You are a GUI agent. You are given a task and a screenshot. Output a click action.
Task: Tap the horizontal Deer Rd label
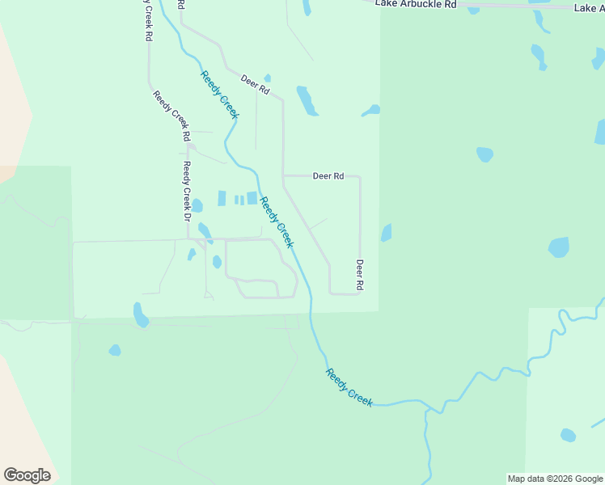328,175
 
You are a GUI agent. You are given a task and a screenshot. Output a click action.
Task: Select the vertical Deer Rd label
360,275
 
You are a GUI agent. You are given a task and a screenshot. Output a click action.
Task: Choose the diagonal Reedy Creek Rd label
172,112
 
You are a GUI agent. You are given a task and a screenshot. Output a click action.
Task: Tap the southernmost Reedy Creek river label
349,386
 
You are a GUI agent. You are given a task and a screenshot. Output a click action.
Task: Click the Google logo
27,475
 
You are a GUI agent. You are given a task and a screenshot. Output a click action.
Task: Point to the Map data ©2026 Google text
555,479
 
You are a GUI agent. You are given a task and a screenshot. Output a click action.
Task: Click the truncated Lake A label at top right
589,8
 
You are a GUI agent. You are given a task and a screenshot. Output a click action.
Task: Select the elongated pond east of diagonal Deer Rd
307,101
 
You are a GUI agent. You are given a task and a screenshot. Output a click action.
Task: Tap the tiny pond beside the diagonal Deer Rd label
267,78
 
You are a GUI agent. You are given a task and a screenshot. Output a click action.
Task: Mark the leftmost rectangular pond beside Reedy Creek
222,198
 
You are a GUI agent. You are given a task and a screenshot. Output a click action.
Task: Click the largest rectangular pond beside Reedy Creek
252,198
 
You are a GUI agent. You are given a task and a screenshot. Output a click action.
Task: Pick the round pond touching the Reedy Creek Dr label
197,205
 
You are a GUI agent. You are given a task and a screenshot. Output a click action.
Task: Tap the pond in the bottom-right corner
568,435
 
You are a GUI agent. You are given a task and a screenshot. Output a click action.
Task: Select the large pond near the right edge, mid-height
559,247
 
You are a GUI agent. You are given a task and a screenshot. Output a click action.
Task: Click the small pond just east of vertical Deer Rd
387,233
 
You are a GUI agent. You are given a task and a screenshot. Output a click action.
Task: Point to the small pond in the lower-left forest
115,350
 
